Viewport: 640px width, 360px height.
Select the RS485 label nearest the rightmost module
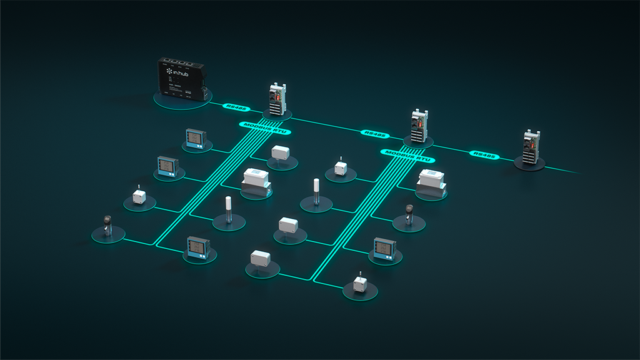pyautogui.click(x=485, y=154)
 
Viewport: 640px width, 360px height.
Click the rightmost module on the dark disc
pyautogui.click(x=531, y=148)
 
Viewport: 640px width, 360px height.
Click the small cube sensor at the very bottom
pyautogui.click(x=360, y=283)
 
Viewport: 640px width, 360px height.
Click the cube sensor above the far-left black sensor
pyautogui.click(x=139, y=196)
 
